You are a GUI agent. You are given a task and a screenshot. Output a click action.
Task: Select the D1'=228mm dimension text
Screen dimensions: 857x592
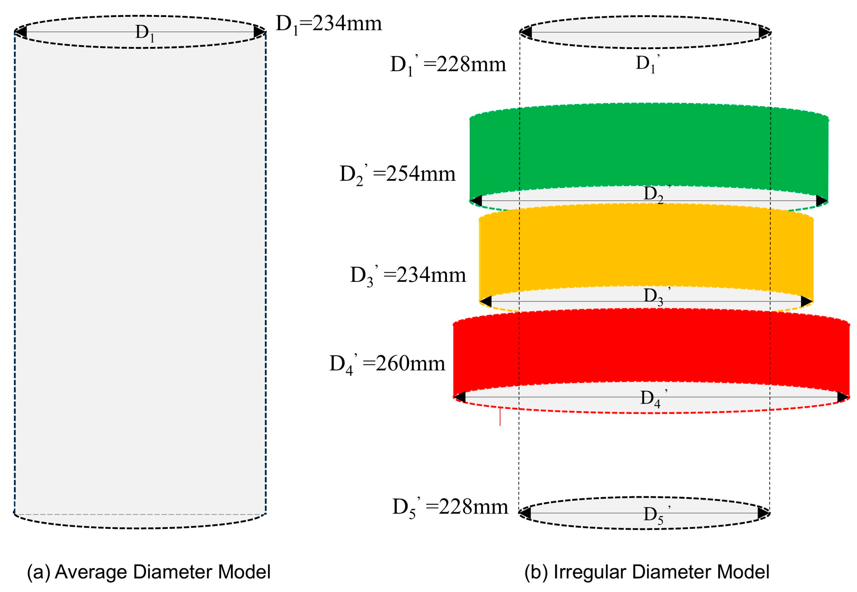click(x=448, y=65)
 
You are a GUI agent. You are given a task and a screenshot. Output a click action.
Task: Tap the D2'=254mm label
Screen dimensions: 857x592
click(x=397, y=174)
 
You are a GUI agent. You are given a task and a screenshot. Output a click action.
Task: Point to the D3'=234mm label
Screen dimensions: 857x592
click(x=408, y=275)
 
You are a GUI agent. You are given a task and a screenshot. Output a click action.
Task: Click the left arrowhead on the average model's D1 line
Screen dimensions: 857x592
click(x=21, y=32)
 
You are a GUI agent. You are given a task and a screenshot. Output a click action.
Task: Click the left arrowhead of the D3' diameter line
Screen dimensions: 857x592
click(x=486, y=301)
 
